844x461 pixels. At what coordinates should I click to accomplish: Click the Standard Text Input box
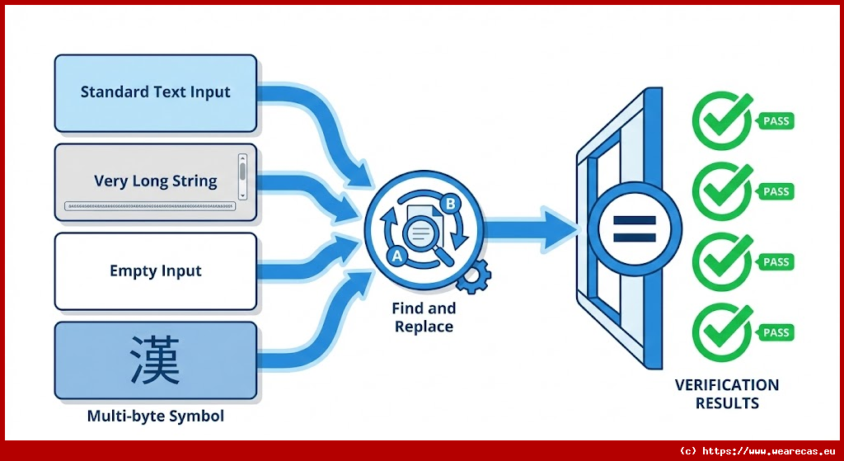(156, 92)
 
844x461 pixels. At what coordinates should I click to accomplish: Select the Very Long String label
(156, 181)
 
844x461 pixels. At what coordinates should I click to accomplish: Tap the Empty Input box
(156, 270)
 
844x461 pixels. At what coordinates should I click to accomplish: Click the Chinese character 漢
(156, 360)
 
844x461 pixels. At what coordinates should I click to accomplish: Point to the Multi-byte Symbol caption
(156, 416)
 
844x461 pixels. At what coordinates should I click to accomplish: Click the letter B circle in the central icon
(450, 204)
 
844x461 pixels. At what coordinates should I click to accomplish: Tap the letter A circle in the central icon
(397, 256)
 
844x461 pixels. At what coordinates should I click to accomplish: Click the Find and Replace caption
(424, 318)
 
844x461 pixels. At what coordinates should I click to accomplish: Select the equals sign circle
(635, 229)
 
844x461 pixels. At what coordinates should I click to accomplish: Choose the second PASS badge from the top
(775, 191)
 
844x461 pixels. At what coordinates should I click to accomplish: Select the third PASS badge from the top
(775, 262)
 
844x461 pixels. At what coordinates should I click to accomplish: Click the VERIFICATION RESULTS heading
(727, 393)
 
